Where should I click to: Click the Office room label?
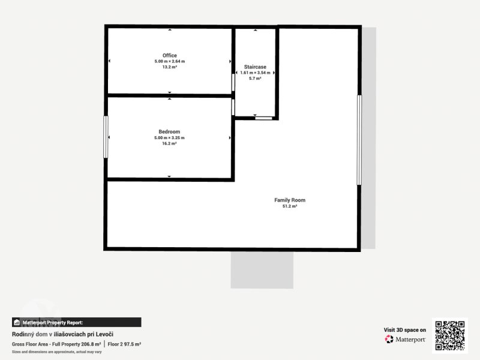pyautogui.click(x=170, y=55)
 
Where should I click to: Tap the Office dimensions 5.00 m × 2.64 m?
pyautogui.click(x=170, y=61)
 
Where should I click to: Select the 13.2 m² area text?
pyautogui.click(x=170, y=67)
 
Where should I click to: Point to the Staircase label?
pyautogui.click(x=255, y=67)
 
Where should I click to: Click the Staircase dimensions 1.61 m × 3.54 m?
pyautogui.click(x=256, y=73)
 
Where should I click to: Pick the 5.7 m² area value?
pyautogui.click(x=255, y=79)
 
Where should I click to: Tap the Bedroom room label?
pyautogui.click(x=169, y=131)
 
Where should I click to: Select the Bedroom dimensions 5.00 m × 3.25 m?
pyautogui.click(x=169, y=138)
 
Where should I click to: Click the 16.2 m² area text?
pyautogui.click(x=169, y=143)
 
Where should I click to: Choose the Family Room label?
pyautogui.click(x=290, y=200)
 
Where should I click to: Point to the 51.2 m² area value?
pyautogui.click(x=290, y=206)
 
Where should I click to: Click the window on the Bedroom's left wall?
pyautogui.click(x=106, y=137)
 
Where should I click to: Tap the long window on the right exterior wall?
pyautogui.click(x=359, y=140)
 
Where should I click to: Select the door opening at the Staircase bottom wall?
pyautogui.click(x=263, y=118)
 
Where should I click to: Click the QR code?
pyautogui.click(x=449, y=335)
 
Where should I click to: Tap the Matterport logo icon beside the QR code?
pyautogui.click(x=389, y=339)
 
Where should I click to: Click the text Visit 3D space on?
pyautogui.click(x=404, y=329)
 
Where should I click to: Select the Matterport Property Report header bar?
pyautogui.click(x=77, y=322)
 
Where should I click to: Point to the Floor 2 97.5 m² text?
pyautogui.click(x=124, y=344)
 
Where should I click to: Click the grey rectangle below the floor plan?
pyautogui.click(x=262, y=270)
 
